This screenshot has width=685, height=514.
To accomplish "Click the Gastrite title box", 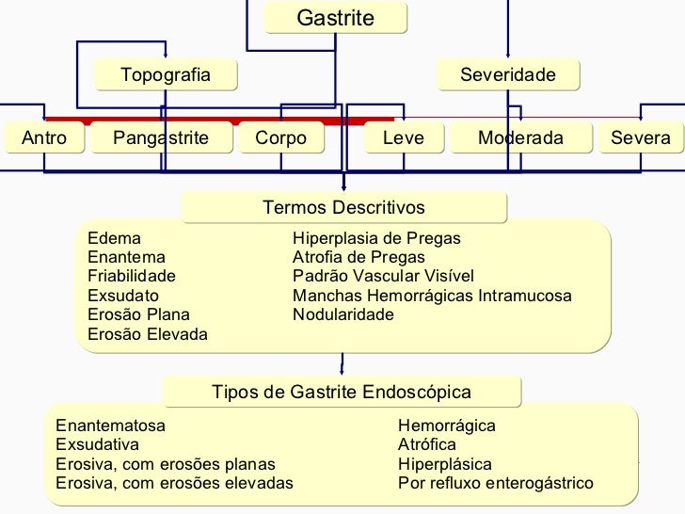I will tap(335, 18).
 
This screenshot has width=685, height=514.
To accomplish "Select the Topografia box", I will tap(166, 74).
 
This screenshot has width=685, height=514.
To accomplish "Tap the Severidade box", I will tap(507, 74).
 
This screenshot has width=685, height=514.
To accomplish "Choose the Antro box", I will tap(43, 138).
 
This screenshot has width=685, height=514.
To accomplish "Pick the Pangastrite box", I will tap(161, 138).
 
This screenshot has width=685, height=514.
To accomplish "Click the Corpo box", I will tap(280, 138).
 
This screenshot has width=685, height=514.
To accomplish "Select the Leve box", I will tap(404, 138).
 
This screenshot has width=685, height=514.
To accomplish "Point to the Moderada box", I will tap(520, 138).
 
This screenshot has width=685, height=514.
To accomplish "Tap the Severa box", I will tap(641, 138).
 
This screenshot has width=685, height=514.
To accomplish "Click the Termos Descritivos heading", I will tap(343, 207).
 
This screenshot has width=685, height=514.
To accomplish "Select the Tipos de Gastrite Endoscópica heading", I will tap(342, 392).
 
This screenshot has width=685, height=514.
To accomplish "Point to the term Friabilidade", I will tap(131, 276).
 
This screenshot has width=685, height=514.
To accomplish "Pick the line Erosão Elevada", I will tap(147, 333).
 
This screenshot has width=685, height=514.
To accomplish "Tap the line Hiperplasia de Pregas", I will tap(376, 238).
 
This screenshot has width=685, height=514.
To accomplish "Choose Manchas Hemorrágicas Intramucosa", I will tap(432, 296).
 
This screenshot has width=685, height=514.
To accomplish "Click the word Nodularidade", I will tap(343, 314).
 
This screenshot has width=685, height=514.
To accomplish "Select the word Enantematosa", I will tap(110, 426).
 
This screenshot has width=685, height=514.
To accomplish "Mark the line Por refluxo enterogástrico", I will tap(496, 483).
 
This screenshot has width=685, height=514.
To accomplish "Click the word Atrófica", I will tap(427, 444).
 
